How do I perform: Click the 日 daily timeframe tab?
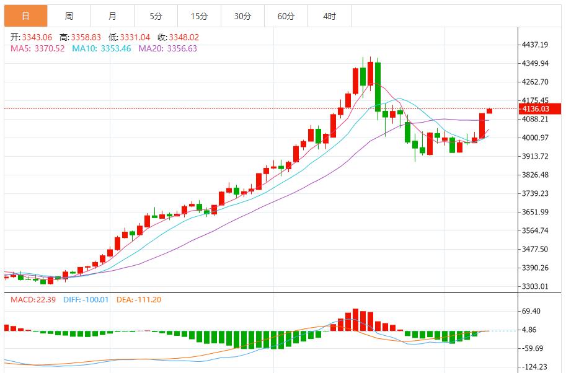(25, 16)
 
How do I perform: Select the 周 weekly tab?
(69, 16)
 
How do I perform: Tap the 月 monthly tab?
(112, 16)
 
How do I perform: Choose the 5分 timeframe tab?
(156, 16)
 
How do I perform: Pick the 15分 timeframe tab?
(199, 16)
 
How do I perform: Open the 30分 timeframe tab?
(242, 16)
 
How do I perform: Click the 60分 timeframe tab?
(286, 16)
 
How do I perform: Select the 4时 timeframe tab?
(329, 16)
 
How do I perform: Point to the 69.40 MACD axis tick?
(533, 312)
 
